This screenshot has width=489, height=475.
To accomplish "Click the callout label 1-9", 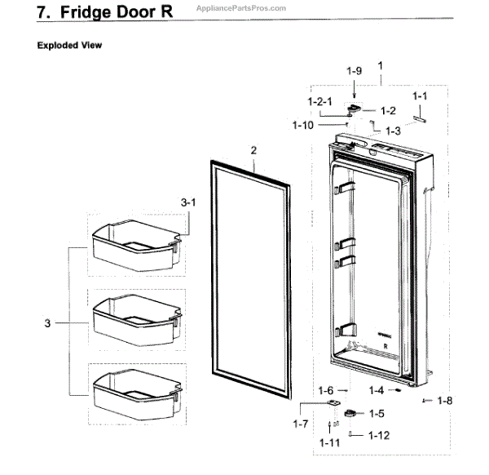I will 353,72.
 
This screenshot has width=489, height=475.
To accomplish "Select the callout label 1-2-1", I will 319,101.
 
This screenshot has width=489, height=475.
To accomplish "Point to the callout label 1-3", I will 393,130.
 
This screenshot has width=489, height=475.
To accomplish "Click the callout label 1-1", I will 420,97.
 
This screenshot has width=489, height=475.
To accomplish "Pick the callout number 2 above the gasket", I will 253,150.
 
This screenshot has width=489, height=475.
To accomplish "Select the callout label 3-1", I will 188,201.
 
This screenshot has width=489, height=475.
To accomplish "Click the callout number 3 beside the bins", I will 47,324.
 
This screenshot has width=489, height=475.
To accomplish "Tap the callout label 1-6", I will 327,390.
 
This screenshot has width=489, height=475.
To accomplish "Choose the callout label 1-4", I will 376,390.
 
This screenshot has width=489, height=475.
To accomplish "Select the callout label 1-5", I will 376,414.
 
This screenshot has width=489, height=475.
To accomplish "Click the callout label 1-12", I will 379,436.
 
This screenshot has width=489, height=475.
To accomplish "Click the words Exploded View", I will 70,46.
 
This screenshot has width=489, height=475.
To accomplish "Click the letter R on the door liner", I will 384,346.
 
